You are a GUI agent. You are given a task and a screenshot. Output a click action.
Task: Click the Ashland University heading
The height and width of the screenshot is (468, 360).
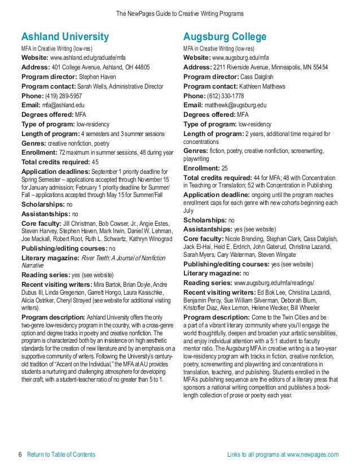(x=65, y=37)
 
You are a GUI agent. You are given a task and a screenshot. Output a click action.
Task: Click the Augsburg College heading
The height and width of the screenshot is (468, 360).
(x=225, y=37)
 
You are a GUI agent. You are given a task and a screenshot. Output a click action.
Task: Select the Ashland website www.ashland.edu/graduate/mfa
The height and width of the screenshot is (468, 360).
(x=87, y=58)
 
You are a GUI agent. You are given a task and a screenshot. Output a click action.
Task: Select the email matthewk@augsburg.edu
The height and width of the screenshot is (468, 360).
(x=235, y=105)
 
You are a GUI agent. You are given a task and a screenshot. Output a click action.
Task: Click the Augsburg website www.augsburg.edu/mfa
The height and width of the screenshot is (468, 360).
(x=240, y=58)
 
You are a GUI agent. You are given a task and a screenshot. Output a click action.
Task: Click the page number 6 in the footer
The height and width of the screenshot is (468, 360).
(x=20, y=454)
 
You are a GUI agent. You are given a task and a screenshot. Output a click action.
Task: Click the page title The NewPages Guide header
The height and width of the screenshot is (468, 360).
(x=179, y=12)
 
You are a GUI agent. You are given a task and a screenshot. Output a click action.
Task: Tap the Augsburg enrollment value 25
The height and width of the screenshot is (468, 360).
(x=225, y=168)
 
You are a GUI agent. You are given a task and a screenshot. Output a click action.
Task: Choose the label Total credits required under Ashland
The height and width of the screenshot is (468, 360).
(x=55, y=162)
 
